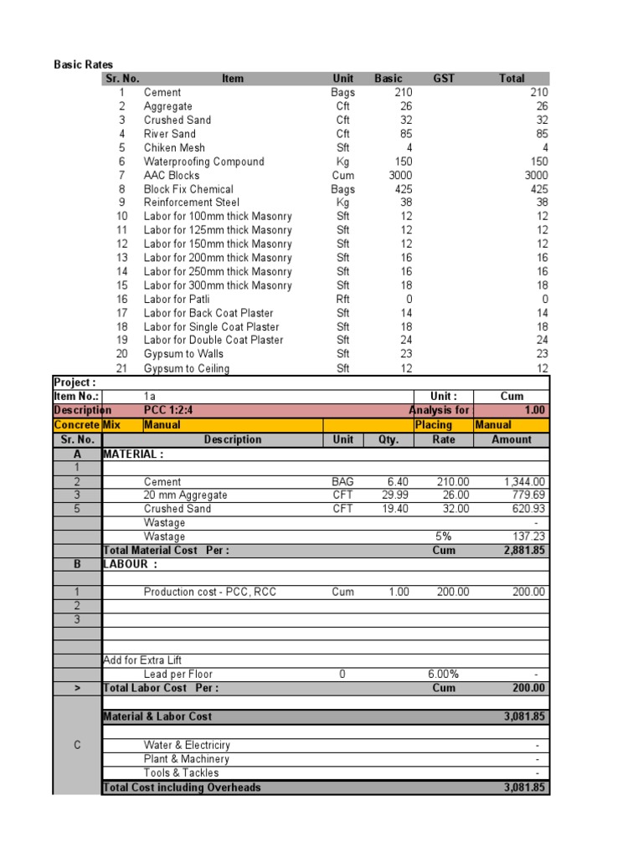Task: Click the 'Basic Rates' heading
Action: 84,64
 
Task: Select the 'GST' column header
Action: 444,79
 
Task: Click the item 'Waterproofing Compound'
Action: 203,162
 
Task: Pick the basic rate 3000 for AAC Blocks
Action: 395,175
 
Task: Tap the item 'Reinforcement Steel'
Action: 191,203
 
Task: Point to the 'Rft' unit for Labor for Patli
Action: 343,299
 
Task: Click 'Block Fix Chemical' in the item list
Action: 188,189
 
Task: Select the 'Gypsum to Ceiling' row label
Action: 186,368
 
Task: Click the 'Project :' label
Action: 74,382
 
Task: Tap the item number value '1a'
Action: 150,397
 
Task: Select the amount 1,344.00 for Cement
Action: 525,481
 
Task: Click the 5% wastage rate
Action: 444,536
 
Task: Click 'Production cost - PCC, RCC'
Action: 209,592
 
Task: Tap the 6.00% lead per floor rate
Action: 444,675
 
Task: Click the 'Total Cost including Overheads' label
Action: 182,788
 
